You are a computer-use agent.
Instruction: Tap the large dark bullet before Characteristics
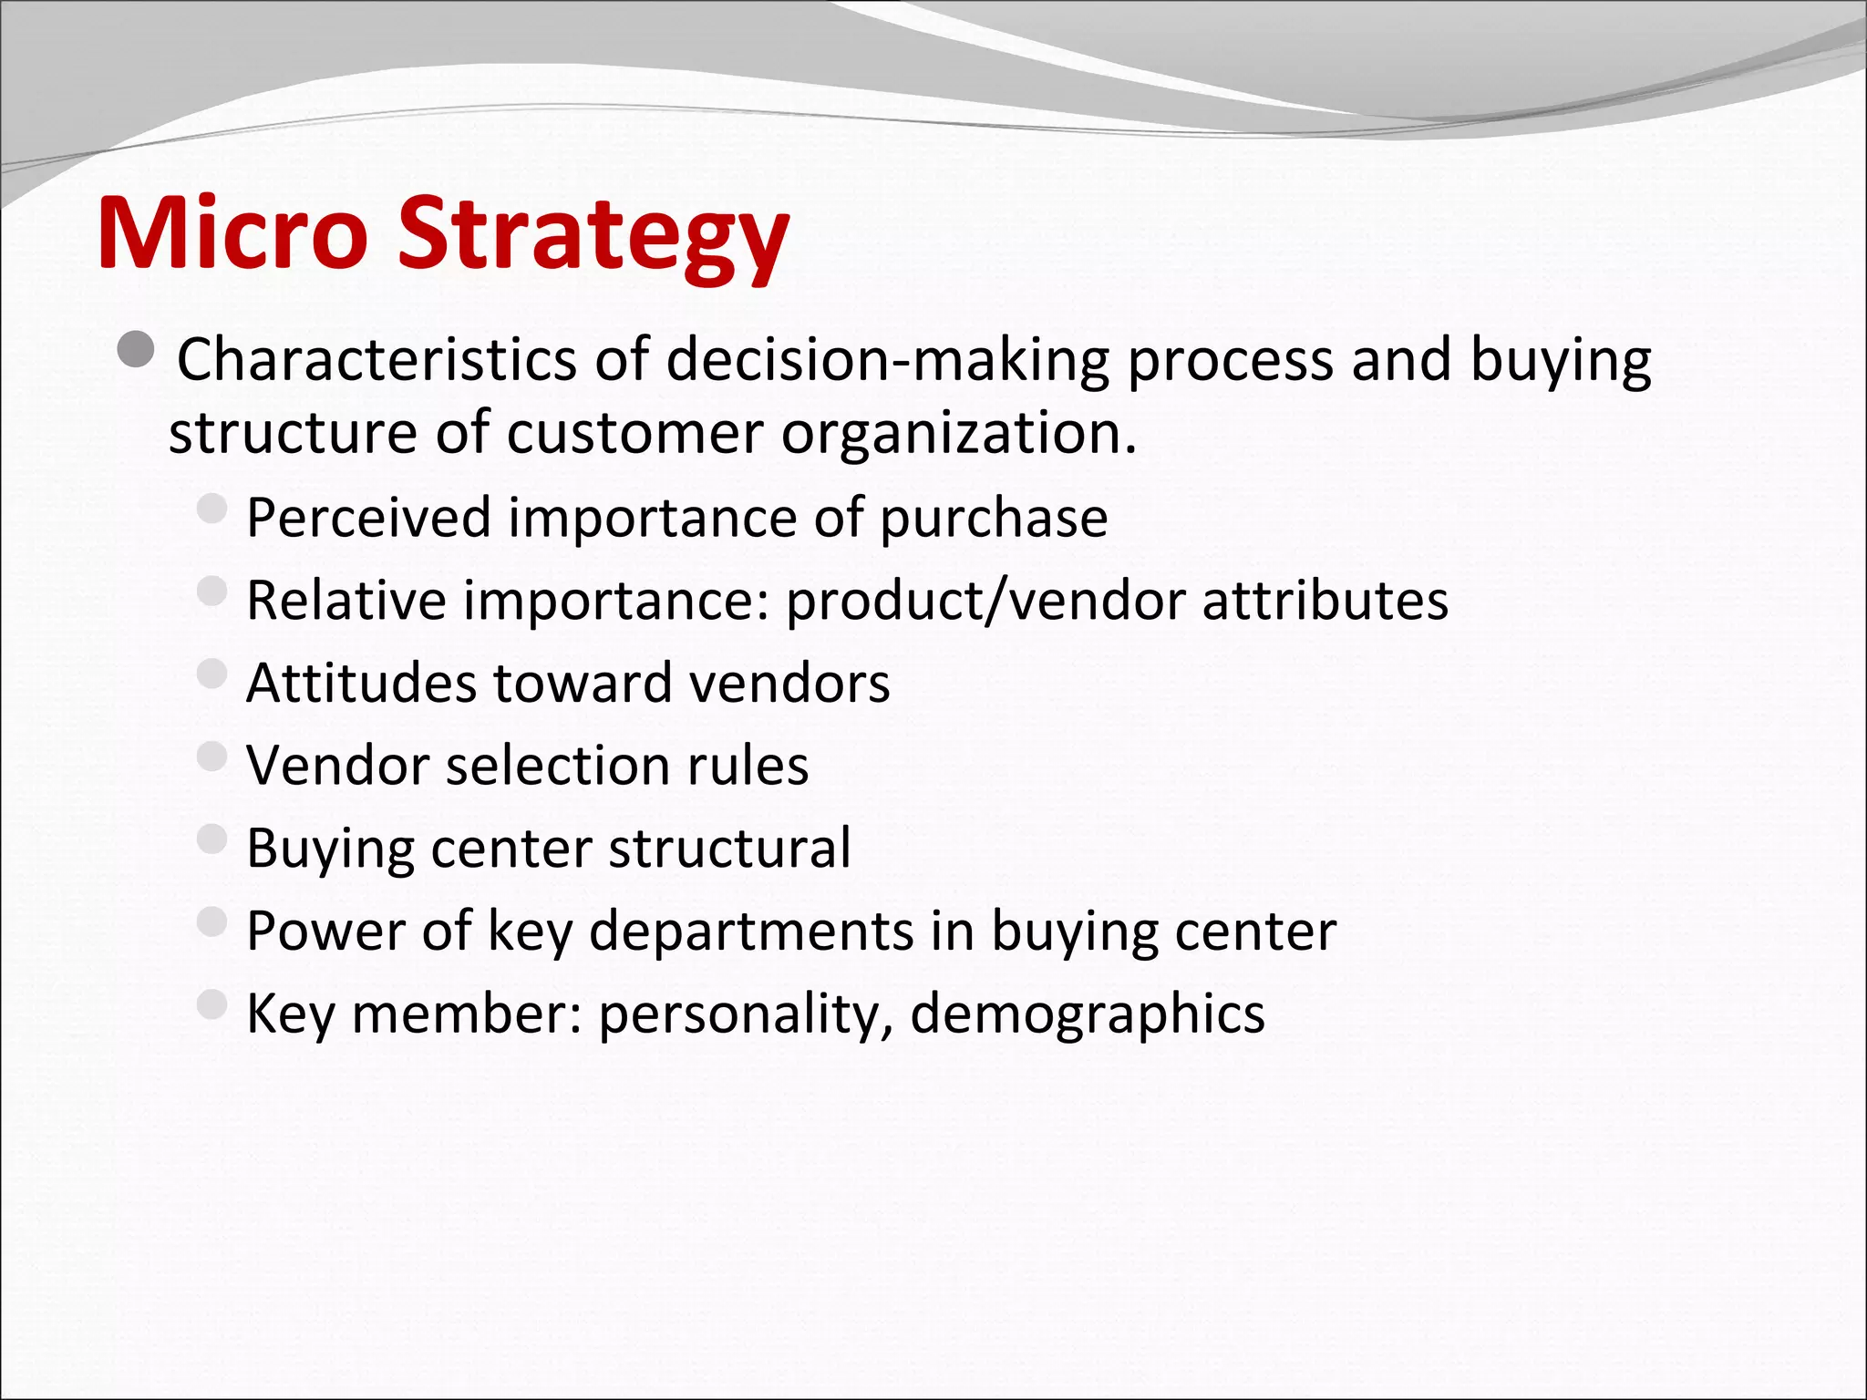coord(137,351)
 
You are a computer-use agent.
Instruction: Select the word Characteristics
coord(376,359)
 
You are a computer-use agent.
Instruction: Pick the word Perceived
coord(368,518)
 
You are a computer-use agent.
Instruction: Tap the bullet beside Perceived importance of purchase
coord(211,509)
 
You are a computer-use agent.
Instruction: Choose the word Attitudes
coord(361,683)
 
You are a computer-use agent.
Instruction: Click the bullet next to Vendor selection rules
coord(211,756)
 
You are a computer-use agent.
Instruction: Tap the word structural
coord(729,848)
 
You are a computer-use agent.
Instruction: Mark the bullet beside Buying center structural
coord(211,839)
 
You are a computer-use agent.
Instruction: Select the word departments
coord(750,932)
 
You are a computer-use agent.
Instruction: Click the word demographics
coord(1087,1014)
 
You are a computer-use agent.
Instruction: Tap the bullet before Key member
coord(211,1004)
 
